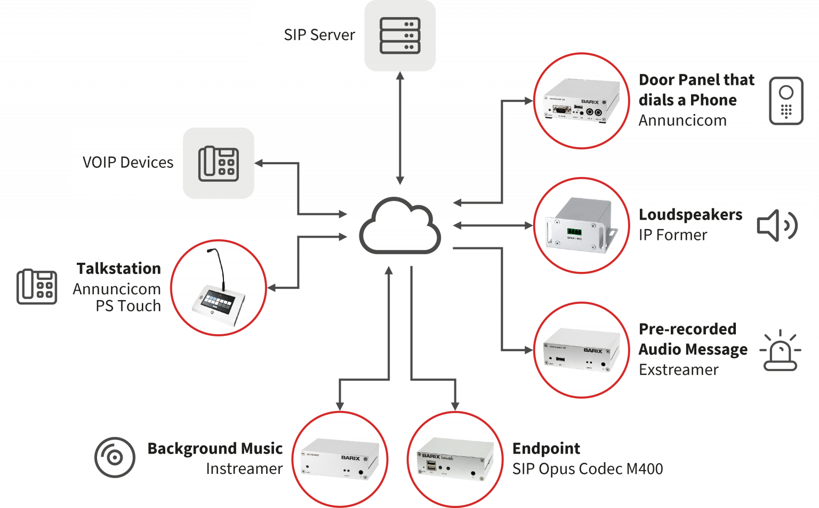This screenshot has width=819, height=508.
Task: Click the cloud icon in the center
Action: click(x=400, y=227)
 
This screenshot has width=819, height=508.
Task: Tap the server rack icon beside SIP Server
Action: click(x=400, y=35)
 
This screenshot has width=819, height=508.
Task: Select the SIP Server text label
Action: click(x=319, y=35)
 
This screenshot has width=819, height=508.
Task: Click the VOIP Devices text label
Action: click(x=128, y=163)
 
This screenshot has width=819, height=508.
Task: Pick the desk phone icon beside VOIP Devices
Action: click(x=219, y=163)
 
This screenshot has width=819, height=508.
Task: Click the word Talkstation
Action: click(x=118, y=268)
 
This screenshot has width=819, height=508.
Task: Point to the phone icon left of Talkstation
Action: click(x=37, y=287)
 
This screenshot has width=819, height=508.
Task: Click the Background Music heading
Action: click(x=215, y=448)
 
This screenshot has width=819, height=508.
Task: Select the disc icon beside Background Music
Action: click(x=115, y=457)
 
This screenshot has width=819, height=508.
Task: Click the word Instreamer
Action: click(x=244, y=469)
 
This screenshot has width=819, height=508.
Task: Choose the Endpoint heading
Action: click(x=546, y=448)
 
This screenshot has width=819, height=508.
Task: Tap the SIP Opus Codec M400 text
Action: click(x=588, y=469)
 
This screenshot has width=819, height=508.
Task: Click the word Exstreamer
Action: click(x=678, y=369)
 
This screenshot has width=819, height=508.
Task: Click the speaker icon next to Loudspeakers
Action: click(x=777, y=225)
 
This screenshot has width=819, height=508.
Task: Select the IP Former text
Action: click(x=673, y=235)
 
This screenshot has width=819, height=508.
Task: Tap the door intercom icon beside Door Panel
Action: click(x=786, y=101)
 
